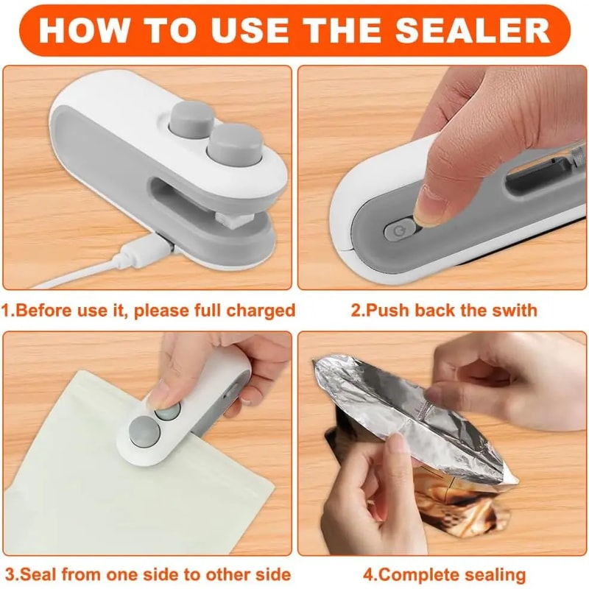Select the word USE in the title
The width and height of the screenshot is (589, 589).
[254, 30]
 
